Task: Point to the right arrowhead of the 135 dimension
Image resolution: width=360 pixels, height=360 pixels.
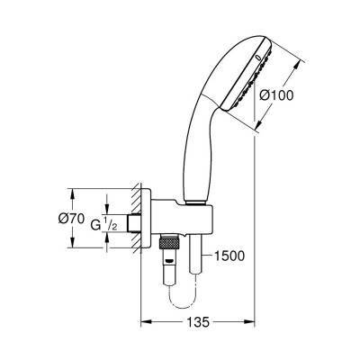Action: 253,335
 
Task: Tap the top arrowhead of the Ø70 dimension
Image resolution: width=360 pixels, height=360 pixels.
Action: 71,191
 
